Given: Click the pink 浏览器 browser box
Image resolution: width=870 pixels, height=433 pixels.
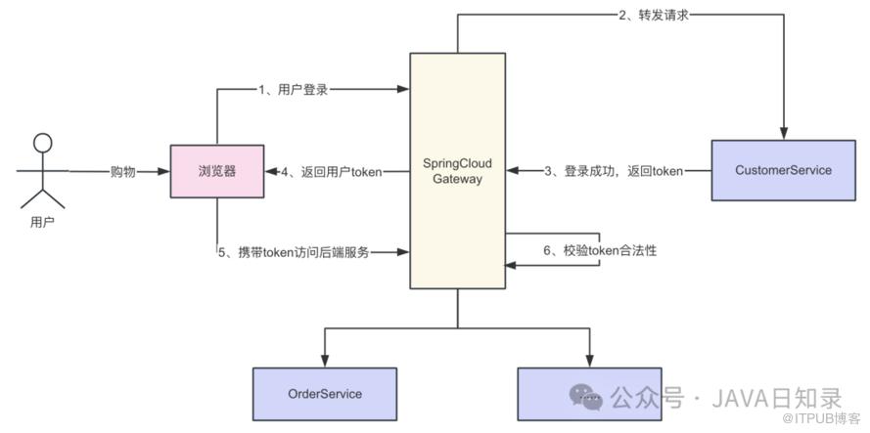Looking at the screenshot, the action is pos(217,171).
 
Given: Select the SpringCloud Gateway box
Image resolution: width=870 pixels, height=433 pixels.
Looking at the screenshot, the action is pos(458,171).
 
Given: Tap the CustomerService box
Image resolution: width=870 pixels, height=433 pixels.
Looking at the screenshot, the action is pos(784,170).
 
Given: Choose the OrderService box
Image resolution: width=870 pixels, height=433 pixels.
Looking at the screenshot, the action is pos(325,394).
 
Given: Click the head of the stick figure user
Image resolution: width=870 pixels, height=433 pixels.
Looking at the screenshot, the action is pos(42,143).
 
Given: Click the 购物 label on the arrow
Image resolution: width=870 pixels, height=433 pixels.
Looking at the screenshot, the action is pos(122,172).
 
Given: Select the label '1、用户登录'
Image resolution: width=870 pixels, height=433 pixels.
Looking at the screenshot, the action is pos(293,89).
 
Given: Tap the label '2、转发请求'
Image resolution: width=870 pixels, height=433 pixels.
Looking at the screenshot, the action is pos(654,15).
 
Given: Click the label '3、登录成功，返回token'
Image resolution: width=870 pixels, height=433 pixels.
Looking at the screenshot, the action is pos(614,171).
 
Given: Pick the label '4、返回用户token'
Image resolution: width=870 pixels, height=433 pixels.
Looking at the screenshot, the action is pos(331,172).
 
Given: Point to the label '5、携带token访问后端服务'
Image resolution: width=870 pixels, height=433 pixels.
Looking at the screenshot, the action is pos(294,253).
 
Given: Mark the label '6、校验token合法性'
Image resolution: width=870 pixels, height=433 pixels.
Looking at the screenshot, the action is pos(600,250).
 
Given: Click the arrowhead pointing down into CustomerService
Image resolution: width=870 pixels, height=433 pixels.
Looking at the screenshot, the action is pos(784,134).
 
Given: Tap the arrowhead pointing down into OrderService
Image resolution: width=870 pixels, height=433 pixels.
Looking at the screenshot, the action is pos(325,361).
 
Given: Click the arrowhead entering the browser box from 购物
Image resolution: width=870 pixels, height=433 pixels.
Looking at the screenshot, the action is pos(163,172).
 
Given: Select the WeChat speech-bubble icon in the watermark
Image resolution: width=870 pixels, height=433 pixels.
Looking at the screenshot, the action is pos(585,396).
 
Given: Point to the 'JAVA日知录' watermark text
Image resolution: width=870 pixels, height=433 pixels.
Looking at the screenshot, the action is pos(777,398).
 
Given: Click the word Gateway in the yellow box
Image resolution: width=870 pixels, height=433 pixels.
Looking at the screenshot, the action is pos(458,179).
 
